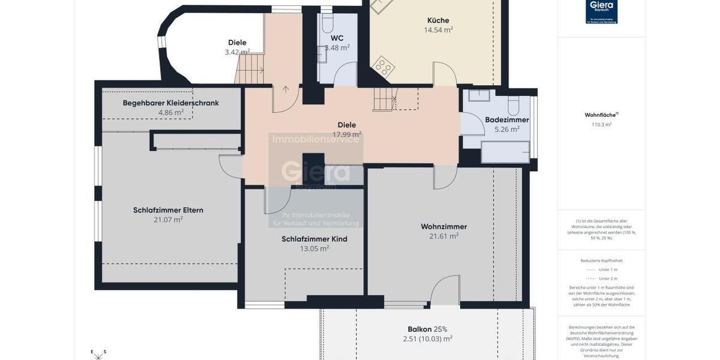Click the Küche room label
point(438,20)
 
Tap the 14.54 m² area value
point(438,30)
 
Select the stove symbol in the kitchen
point(382,66)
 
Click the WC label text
point(337,38)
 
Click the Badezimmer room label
point(507,119)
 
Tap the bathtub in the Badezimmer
point(505,152)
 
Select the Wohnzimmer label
point(443,226)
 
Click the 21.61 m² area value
point(443,236)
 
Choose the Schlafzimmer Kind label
point(314,239)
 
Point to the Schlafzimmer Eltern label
point(168,210)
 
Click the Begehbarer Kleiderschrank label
point(170,103)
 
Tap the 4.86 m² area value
point(170,112)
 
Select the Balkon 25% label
point(427,329)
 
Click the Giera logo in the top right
point(601,11)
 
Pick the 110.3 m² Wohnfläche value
point(601,125)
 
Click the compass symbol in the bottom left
point(98,355)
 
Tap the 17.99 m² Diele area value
point(347,134)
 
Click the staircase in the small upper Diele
point(250,69)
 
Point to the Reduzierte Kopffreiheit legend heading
point(601,260)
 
